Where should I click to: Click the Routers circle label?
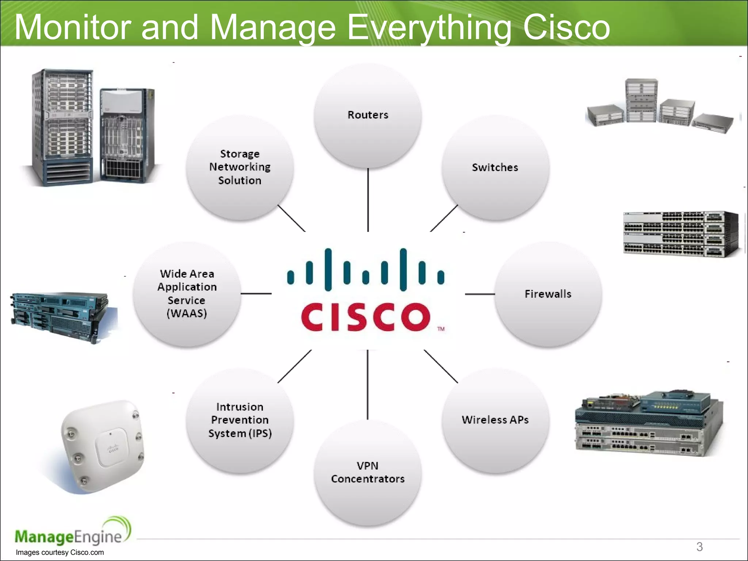(368, 115)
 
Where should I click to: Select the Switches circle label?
(495, 168)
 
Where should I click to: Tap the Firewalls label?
(548, 294)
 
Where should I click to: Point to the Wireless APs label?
(495, 420)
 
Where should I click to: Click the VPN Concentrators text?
(368, 472)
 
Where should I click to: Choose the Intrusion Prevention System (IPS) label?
(240, 420)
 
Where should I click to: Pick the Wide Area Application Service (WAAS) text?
(187, 294)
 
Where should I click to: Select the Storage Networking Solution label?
(240, 167)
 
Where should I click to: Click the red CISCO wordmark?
(365, 317)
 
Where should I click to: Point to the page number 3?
(699, 547)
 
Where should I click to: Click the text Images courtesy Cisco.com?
(60, 553)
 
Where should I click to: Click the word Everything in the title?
(429, 28)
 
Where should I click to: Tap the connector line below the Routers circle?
(368, 200)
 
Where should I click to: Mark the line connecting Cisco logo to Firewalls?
(480, 294)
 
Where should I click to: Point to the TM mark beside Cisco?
(441, 329)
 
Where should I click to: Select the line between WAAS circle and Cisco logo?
(256, 293)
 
